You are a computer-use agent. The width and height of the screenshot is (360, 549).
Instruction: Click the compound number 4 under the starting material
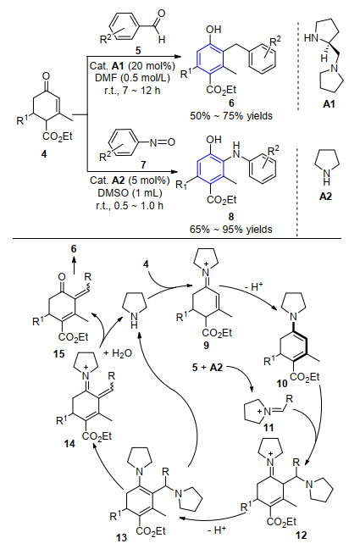[44, 153]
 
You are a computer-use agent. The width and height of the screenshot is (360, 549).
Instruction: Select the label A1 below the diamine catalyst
[329, 104]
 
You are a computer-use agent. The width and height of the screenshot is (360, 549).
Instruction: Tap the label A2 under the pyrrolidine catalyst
[325, 197]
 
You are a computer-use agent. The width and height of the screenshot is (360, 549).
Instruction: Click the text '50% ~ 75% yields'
[231, 115]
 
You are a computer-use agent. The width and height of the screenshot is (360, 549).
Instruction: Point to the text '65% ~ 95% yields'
[231, 230]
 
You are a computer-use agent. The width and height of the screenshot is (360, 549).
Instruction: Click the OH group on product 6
[213, 30]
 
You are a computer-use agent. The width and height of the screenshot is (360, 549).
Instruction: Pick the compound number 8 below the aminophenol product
[231, 216]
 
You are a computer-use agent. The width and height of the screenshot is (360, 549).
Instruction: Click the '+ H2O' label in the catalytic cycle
[118, 353]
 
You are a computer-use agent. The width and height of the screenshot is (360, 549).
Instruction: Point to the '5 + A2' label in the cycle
[208, 368]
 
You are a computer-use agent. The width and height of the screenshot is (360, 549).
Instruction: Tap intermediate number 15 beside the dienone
[59, 353]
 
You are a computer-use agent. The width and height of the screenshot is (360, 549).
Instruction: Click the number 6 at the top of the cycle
[74, 249]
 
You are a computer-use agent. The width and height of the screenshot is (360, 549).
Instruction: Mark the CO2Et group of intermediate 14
[97, 436]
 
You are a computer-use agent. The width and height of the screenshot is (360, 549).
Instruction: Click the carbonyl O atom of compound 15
[62, 277]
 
